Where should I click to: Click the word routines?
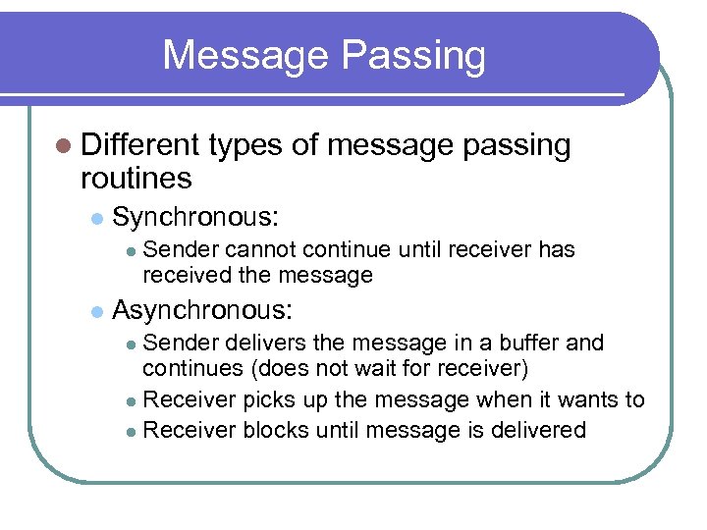coord(136,179)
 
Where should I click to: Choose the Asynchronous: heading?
coord(202,310)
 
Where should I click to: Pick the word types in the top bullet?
coord(245,145)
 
